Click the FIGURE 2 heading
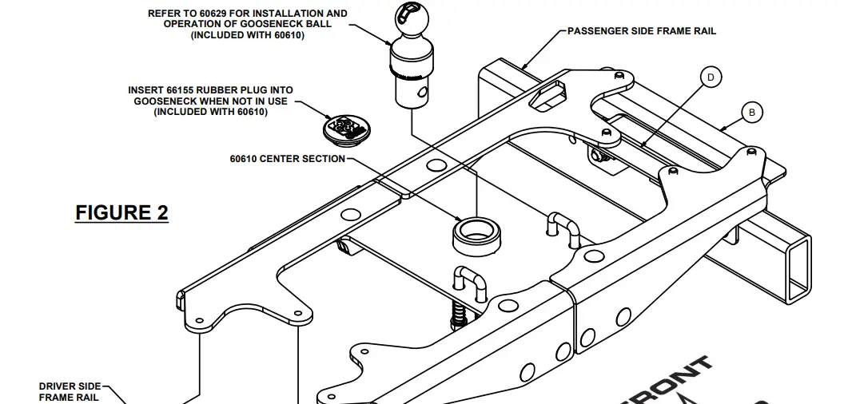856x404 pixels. click(121, 213)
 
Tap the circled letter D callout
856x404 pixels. click(710, 77)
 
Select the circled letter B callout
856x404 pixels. click(751, 113)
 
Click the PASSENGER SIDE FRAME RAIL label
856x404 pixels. click(641, 31)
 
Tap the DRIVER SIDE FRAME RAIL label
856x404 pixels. click(69, 391)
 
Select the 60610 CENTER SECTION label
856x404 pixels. click(287, 159)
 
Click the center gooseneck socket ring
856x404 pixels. click(476, 234)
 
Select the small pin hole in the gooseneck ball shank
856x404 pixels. click(423, 93)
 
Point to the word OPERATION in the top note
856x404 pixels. click(200, 24)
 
